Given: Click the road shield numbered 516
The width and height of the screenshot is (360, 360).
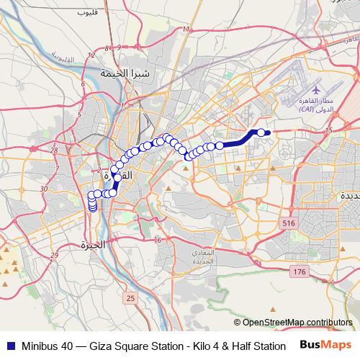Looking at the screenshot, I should (x=289, y=225).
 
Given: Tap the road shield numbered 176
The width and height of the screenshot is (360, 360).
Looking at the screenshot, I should (x=300, y=271).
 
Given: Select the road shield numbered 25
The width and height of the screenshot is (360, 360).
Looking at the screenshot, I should (x=130, y=297).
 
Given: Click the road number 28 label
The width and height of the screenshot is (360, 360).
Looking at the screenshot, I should (x=55, y=150).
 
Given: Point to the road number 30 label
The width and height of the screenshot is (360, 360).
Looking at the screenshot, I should (x=44, y=189).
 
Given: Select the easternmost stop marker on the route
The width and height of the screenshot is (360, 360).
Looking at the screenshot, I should (x=261, y=132).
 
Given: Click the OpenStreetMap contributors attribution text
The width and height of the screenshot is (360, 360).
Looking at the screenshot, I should (x=295, y=323).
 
